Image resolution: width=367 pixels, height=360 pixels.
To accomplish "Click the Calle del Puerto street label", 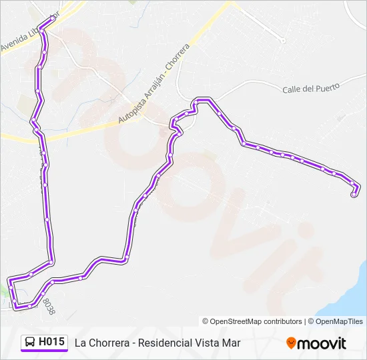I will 311,87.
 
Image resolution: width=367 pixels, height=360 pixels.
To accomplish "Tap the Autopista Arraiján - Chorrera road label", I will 154,84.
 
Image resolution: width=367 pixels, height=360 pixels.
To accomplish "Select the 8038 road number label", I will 48,306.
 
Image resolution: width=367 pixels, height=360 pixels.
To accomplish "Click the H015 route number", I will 51,342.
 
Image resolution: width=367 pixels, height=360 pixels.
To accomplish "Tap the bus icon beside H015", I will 30,342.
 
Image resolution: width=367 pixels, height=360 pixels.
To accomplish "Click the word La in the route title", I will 80,343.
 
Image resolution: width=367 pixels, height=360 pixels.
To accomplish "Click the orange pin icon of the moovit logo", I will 291,343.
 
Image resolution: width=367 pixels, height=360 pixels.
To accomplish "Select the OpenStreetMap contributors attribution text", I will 256,321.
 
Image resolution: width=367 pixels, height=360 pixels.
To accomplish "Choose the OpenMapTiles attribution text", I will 339,321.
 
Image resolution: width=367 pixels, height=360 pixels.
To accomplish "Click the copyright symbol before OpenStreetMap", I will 206,321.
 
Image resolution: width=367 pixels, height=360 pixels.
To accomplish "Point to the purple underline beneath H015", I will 44,351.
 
